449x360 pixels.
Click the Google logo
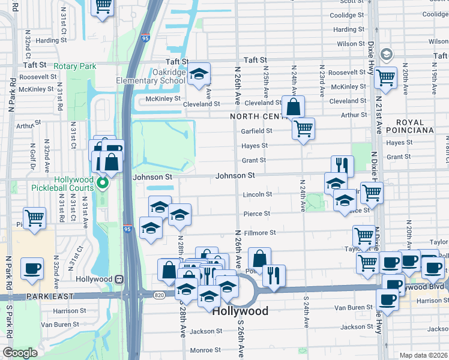click(x=20, y=353)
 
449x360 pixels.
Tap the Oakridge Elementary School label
click(x=152, y=77)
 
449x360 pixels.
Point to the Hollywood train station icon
click(x=119, y=279)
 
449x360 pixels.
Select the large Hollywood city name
click(x=240, y=311)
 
